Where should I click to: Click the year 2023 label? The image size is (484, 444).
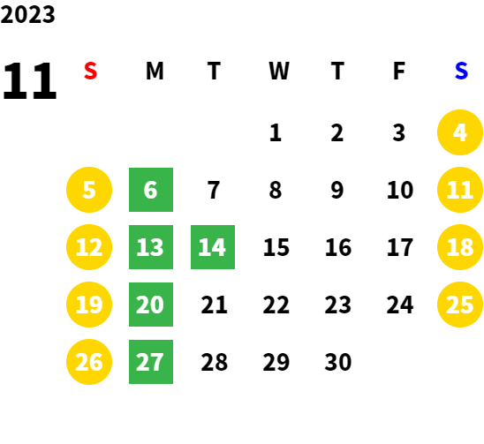(27, 14)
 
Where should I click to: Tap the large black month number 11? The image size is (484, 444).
(30, 80)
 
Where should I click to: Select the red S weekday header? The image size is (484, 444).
(90, 71)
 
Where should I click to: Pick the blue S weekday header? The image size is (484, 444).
(461, 71)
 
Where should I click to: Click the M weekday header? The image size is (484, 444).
(155, 71)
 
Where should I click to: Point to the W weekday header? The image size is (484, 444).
(279, 71)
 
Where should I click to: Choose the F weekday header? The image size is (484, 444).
(399, 71)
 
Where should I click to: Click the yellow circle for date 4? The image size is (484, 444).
(460, 132)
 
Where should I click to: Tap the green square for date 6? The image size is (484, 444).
(151, 190)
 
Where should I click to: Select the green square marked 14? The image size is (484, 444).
(213, 247)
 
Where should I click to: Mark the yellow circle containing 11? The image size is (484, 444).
(460, 190)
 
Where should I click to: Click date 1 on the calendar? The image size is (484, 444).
(276, 132)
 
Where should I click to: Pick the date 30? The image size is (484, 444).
(338, 362)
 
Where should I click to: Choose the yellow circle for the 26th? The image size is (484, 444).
(89, 362)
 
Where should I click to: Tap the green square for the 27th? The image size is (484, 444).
(151, 362)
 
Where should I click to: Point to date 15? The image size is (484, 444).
(276, 247)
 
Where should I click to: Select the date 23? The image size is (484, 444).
(338, 305)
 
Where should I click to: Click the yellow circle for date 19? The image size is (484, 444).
(89, 305)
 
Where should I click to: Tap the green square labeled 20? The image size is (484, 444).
(151, 305)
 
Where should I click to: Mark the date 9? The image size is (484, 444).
(337, 190)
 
